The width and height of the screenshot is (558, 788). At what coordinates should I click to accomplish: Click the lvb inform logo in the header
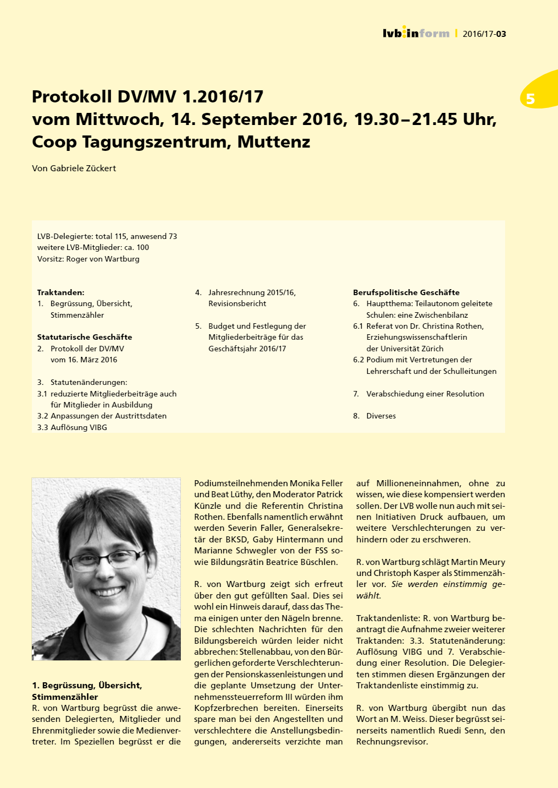(x=416, y=33)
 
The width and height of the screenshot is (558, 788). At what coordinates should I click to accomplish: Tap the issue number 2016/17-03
(x=484, y=34)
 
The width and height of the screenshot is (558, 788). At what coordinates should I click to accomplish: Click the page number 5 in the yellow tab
(x=530, y=99)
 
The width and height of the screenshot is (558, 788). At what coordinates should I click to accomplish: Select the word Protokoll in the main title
(x=72, y=97)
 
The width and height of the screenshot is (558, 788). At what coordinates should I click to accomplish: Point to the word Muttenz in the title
(x=273, y=142)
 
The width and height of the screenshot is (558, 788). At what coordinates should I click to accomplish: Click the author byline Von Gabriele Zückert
(x=74, y=169)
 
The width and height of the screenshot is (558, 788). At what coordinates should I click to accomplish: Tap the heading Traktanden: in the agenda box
(x=61, y=292)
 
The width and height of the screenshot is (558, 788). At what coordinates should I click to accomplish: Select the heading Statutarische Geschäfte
(x=84, y=337)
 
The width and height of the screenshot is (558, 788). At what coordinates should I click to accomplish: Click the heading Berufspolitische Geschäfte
(x=406, y=292)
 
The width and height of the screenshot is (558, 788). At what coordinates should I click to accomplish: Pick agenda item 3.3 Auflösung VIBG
(x=72, y=427)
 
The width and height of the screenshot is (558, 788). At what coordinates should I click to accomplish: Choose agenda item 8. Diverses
(x=375, y=416)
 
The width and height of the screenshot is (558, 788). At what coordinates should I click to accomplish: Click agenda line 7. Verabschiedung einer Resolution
(x=419, y=394)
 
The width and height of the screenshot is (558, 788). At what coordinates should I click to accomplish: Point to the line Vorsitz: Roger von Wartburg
(x=88, y=259)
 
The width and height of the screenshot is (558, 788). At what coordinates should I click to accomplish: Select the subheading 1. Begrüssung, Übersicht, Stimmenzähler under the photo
(x=87, y=691)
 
